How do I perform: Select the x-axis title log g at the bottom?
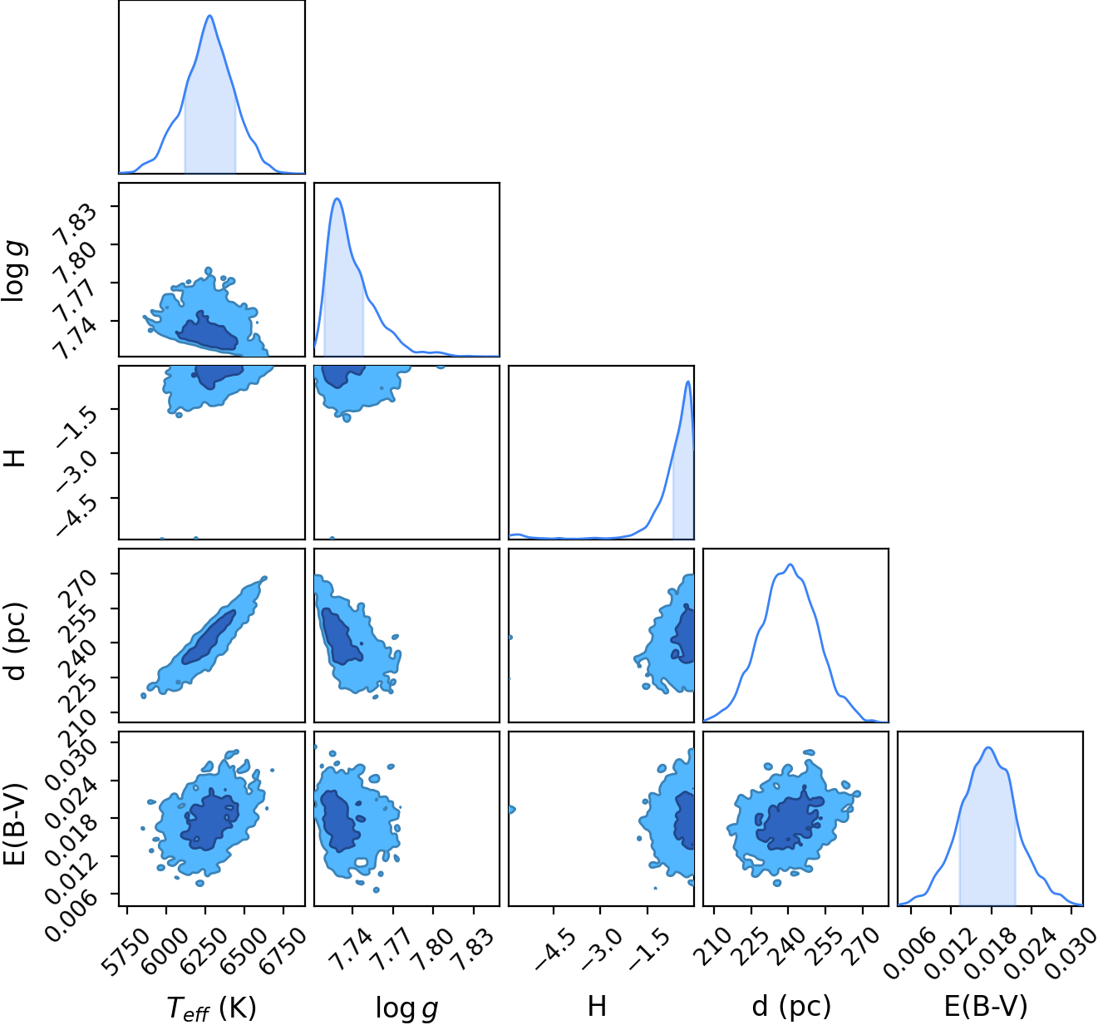pos(407,1008)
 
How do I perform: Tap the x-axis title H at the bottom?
pos(597,1006)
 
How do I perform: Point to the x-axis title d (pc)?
pos(791,1006)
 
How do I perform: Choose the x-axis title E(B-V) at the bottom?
pos(986,1006)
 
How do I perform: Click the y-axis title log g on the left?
pos(13,272)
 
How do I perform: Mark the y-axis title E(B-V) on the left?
pos(14,825)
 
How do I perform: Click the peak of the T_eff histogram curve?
pos(210,15)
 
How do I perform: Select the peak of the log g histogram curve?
pos(337,199)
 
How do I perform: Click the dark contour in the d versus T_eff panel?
pos(209,637)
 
